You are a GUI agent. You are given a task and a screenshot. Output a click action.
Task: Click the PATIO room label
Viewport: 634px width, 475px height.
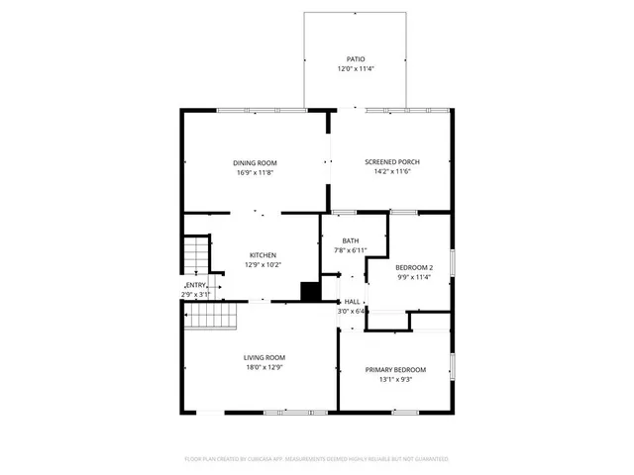(354, 59)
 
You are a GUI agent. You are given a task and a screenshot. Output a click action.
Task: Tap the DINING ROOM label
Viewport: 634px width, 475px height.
(255, 163)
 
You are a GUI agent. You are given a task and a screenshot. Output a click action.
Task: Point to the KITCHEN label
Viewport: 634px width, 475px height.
(263, 255)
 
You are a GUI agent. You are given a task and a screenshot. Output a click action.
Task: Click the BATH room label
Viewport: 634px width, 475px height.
(351, 240)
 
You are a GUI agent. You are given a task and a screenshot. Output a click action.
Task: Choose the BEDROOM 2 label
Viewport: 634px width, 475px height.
(414, 268)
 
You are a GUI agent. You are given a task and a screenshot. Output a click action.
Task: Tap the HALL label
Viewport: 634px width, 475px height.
(352, 301)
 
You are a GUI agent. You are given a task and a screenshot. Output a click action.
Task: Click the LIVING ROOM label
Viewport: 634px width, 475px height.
(264, 357)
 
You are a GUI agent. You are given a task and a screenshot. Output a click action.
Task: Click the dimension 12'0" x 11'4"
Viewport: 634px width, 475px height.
(354, 69)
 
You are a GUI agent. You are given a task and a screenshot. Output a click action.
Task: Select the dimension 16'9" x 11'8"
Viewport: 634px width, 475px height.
(255, 173)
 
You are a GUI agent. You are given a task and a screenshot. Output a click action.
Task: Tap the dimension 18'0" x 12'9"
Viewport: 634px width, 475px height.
(264, 367)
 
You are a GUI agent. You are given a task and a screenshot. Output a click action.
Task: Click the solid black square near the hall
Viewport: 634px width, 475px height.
(311, 291)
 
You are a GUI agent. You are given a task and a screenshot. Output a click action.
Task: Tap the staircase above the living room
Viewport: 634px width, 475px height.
(214, 317)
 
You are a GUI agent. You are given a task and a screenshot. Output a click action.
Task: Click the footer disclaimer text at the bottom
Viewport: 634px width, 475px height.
(317, 459)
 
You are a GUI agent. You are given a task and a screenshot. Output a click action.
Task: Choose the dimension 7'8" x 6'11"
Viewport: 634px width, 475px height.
(351, 250)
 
